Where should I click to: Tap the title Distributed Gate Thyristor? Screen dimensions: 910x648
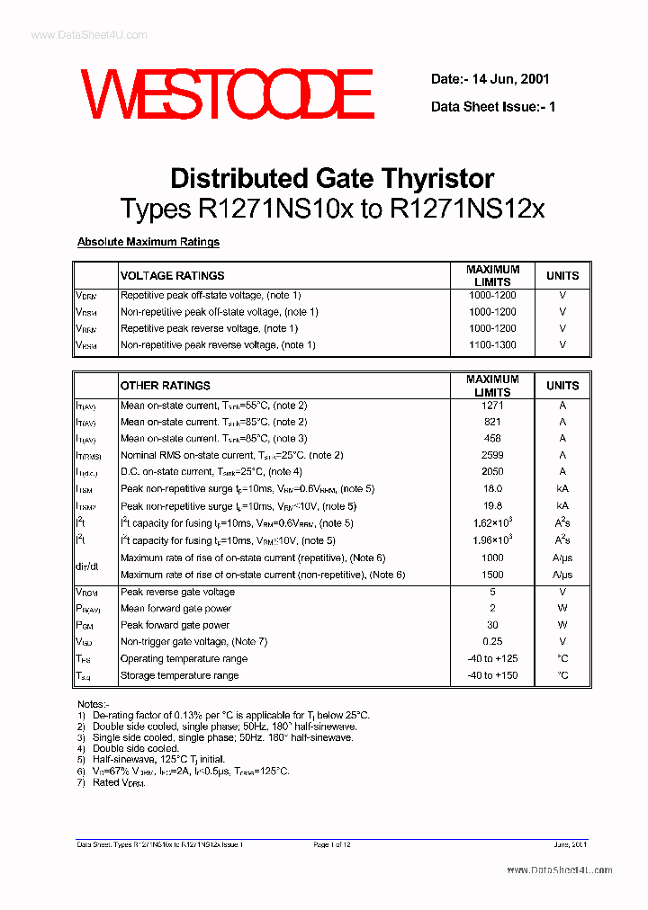click(332, 177)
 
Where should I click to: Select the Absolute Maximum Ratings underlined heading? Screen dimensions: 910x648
click(148, 242)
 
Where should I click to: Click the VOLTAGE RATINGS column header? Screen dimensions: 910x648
click(172, 275)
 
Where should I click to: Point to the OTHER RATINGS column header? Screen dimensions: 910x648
click(165, 385)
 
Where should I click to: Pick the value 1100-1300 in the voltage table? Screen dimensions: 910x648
click(492, 345)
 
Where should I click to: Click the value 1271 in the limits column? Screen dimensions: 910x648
click(492, 406)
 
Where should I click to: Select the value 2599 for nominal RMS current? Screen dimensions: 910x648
click(492, 456)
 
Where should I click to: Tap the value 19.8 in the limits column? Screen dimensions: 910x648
click(492, 506)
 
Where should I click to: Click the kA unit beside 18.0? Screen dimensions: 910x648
click(562, 489)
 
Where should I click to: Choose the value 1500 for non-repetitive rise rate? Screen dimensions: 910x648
click(492, 575)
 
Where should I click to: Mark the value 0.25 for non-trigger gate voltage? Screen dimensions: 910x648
click(492, 642)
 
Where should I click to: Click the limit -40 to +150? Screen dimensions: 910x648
click(492, 675)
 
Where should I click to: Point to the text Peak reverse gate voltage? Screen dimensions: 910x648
click(177, 592)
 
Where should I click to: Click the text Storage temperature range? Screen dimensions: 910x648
click(179, 675)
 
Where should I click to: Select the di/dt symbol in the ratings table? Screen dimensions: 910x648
click(86, 567)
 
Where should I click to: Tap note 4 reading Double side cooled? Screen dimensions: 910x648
click(136, 748)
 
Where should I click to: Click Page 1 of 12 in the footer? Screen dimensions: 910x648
click(332, 845)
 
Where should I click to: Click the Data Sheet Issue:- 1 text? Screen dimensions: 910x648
click(493, 106)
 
